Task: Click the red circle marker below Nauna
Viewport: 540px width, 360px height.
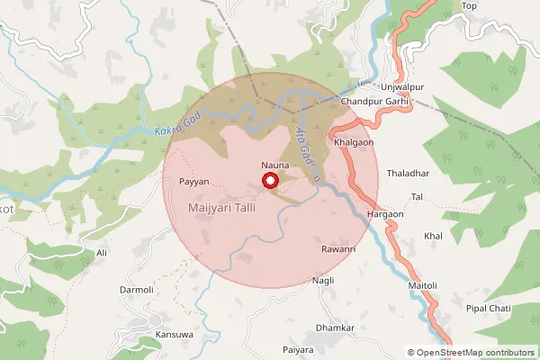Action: coord(270,181)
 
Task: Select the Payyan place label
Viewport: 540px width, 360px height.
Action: coord(193,182)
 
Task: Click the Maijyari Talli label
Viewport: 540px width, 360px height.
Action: coord(221,208)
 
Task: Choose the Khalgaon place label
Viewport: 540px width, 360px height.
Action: coord(354,143)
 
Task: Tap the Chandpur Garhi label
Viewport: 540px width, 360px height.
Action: coord(375,102)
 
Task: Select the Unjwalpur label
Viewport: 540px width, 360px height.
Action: coord(401,85)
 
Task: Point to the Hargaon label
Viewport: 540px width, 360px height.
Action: coord(386,215)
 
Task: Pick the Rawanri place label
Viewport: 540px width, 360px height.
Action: coord(339,248)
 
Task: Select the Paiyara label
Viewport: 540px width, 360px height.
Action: coord(297,348)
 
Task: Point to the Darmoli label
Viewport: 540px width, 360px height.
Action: coord(138,290)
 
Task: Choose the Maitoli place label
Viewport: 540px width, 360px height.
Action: coord(422,286)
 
